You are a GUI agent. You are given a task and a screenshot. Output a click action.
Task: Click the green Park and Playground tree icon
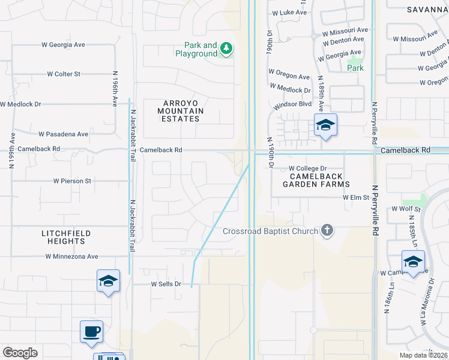pyautogui.click(x=226, y=49)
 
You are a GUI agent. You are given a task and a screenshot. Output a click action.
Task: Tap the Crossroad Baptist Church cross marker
pyautogui.click(x=327, y=230)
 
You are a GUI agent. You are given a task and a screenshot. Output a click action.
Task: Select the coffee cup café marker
pyautogui.click(x=91, y=332)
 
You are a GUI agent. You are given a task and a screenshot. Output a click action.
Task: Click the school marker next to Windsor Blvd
pyautogui.click(x=325, y=125)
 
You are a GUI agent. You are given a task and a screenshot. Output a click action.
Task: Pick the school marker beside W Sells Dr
pyautogui.click(x=107, y=281)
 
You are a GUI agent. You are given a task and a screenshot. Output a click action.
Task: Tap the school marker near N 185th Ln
pyautogui.click(x=413, y=262)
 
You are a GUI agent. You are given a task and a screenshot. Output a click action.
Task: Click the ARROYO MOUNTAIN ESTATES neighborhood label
pyautogui.click(x=181, y=111)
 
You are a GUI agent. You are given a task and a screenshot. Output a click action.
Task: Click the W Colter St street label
pyautogui.click(x=64, y=74)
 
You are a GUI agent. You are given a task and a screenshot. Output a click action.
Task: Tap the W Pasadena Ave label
pyautogui.click(x=63, y=134)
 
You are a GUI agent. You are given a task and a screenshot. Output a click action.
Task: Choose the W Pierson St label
pyautogui.click(x=71, y=180)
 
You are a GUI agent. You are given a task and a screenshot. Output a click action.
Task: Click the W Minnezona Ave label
pyautogui.click(x=71, y=256)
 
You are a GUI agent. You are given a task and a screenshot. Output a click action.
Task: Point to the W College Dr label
pyautogui.click(x=307, y=169)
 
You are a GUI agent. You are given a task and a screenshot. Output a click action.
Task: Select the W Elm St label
pyautogui.click(x=354, y=197)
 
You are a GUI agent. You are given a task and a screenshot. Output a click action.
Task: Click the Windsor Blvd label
pyautogui.click(x=292, y=104)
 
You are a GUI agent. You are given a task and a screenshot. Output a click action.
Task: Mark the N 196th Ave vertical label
pyautogui.click(x=114, y=89)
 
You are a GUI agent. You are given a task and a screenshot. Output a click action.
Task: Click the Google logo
pyautogui.click(x=20, y=352)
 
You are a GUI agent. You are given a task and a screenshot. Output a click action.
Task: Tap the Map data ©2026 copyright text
pyautogui.click(x=423, y=355)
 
